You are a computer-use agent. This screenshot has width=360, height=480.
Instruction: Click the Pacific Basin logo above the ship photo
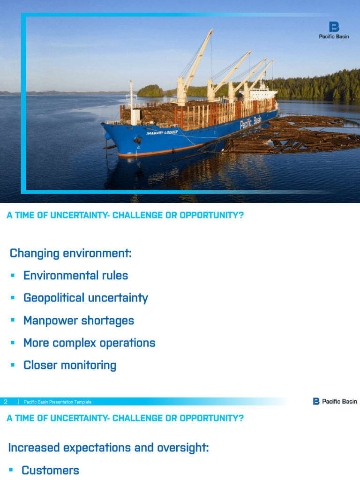(334, 30)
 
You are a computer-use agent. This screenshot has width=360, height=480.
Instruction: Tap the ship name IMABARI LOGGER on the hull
(162, 133)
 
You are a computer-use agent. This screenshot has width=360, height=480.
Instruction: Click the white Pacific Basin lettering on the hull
(251, 123)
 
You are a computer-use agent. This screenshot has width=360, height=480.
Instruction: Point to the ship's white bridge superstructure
(262, 93)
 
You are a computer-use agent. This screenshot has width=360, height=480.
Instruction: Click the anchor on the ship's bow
(138, 140)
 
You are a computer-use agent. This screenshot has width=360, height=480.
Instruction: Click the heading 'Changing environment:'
(71, 254)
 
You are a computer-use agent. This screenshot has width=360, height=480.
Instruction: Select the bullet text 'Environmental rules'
(75, 275)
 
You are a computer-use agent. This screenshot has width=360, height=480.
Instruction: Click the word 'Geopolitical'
(54, 298)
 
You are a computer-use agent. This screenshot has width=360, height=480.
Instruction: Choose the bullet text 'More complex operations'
(89, 343)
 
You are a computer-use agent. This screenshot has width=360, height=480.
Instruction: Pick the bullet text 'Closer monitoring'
(70, 365)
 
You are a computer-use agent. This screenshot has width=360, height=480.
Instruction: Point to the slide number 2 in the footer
(6, 402)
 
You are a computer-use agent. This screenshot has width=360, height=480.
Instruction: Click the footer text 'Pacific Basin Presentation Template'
(58, 402)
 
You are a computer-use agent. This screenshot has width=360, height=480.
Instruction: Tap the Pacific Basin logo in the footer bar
(335, 401)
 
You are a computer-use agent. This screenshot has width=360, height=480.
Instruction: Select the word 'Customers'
(50, 470)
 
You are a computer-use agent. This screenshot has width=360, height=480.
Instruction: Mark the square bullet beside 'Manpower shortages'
(13, 321)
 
